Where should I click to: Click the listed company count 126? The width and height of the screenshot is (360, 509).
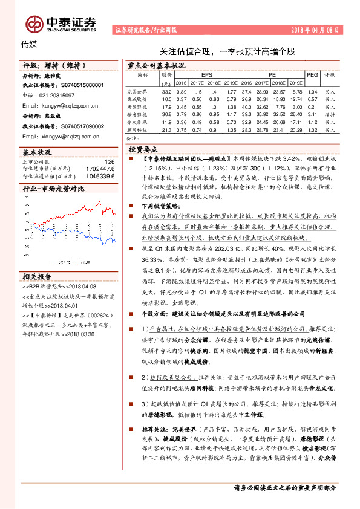109,162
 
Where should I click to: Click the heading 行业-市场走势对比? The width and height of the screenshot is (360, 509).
54,189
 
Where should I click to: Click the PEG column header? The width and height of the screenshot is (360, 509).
312,74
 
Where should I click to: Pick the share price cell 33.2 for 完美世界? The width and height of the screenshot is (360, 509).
167,91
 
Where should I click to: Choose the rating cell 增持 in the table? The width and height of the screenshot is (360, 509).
330,114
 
